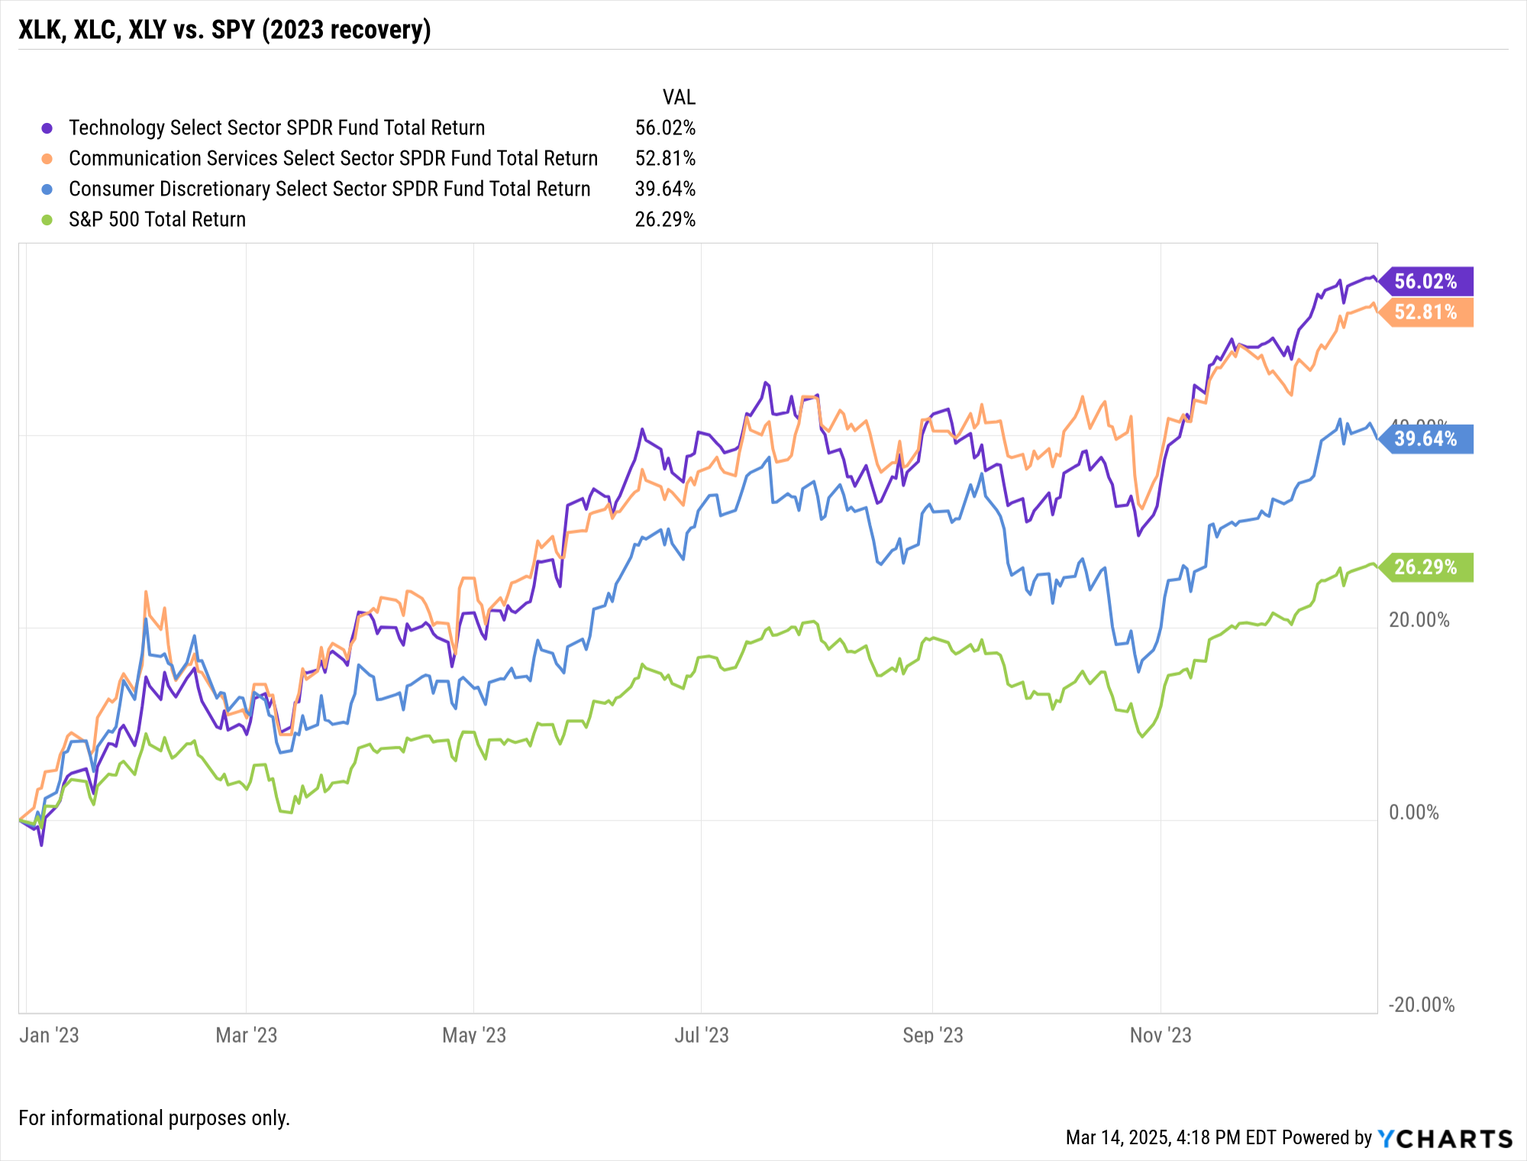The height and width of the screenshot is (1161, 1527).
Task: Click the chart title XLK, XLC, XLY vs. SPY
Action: (x=224, y=30)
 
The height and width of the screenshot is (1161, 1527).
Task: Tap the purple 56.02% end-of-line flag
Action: (x=1425, y=281)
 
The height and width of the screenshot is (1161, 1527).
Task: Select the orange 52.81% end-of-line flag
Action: (x=1425, y=312)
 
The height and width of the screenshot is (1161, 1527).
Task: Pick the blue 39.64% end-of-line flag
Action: (x=1425, y=438)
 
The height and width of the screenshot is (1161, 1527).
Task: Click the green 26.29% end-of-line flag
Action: (x=1425, y=567)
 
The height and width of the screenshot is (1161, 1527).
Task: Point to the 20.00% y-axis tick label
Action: (x=1419, y=619)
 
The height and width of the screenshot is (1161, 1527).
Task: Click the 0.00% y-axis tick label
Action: (x=1413, y=812)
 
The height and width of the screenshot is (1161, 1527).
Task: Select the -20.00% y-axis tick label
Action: (x=1421, y=1004)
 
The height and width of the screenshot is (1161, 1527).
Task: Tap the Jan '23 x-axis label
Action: (x=49, y=1035)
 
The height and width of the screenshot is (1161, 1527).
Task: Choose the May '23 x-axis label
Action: (x=474, y=1035)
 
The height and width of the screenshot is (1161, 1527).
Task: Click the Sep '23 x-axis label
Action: (x=932, y=1035)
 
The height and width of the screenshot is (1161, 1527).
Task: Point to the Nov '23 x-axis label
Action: (x=1161, y=1035)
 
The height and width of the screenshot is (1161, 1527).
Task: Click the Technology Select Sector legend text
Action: (x=276, y=128)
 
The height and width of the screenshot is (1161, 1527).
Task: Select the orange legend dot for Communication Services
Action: (x=47, y=159)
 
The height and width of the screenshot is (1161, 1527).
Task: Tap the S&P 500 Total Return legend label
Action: (x=157, y=219)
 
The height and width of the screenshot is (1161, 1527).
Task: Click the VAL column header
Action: (x=679, y=97)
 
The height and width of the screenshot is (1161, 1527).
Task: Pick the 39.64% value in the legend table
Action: (x=665, y=189)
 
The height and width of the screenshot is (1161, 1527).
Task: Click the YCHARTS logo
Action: (x=1445, y=1138)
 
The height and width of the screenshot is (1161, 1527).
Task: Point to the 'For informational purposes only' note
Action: (x=154, y=1118)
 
